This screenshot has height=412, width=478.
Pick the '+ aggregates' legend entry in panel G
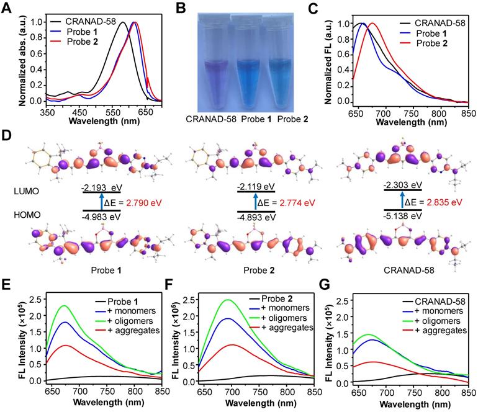click(441, 331)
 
